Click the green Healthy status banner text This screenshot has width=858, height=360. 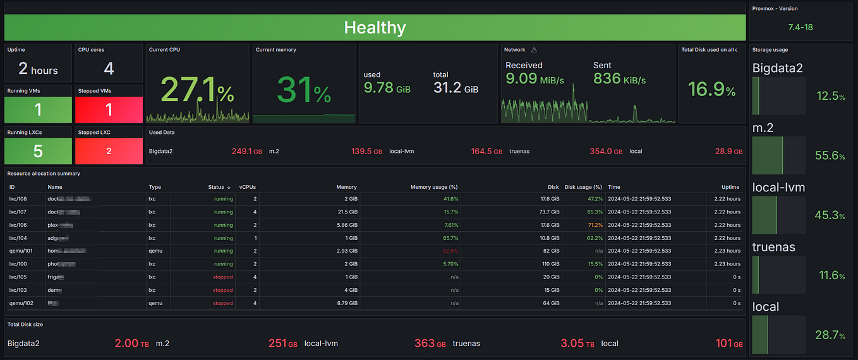[x=375, y=27]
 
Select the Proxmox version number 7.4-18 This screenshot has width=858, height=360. [x=801, y=27]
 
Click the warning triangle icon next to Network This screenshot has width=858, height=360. [x=534, y=50]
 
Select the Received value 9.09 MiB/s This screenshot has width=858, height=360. [x=535, y=80]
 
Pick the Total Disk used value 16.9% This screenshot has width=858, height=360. [x=711, y=89]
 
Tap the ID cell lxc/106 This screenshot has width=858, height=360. [x=18, y=225]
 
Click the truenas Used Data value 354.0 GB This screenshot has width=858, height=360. [x=605, y=152]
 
